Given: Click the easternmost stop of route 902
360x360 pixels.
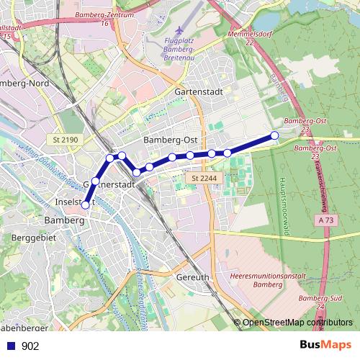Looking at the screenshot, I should pos(274,135).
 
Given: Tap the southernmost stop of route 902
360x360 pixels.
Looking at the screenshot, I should pos(86,205).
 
